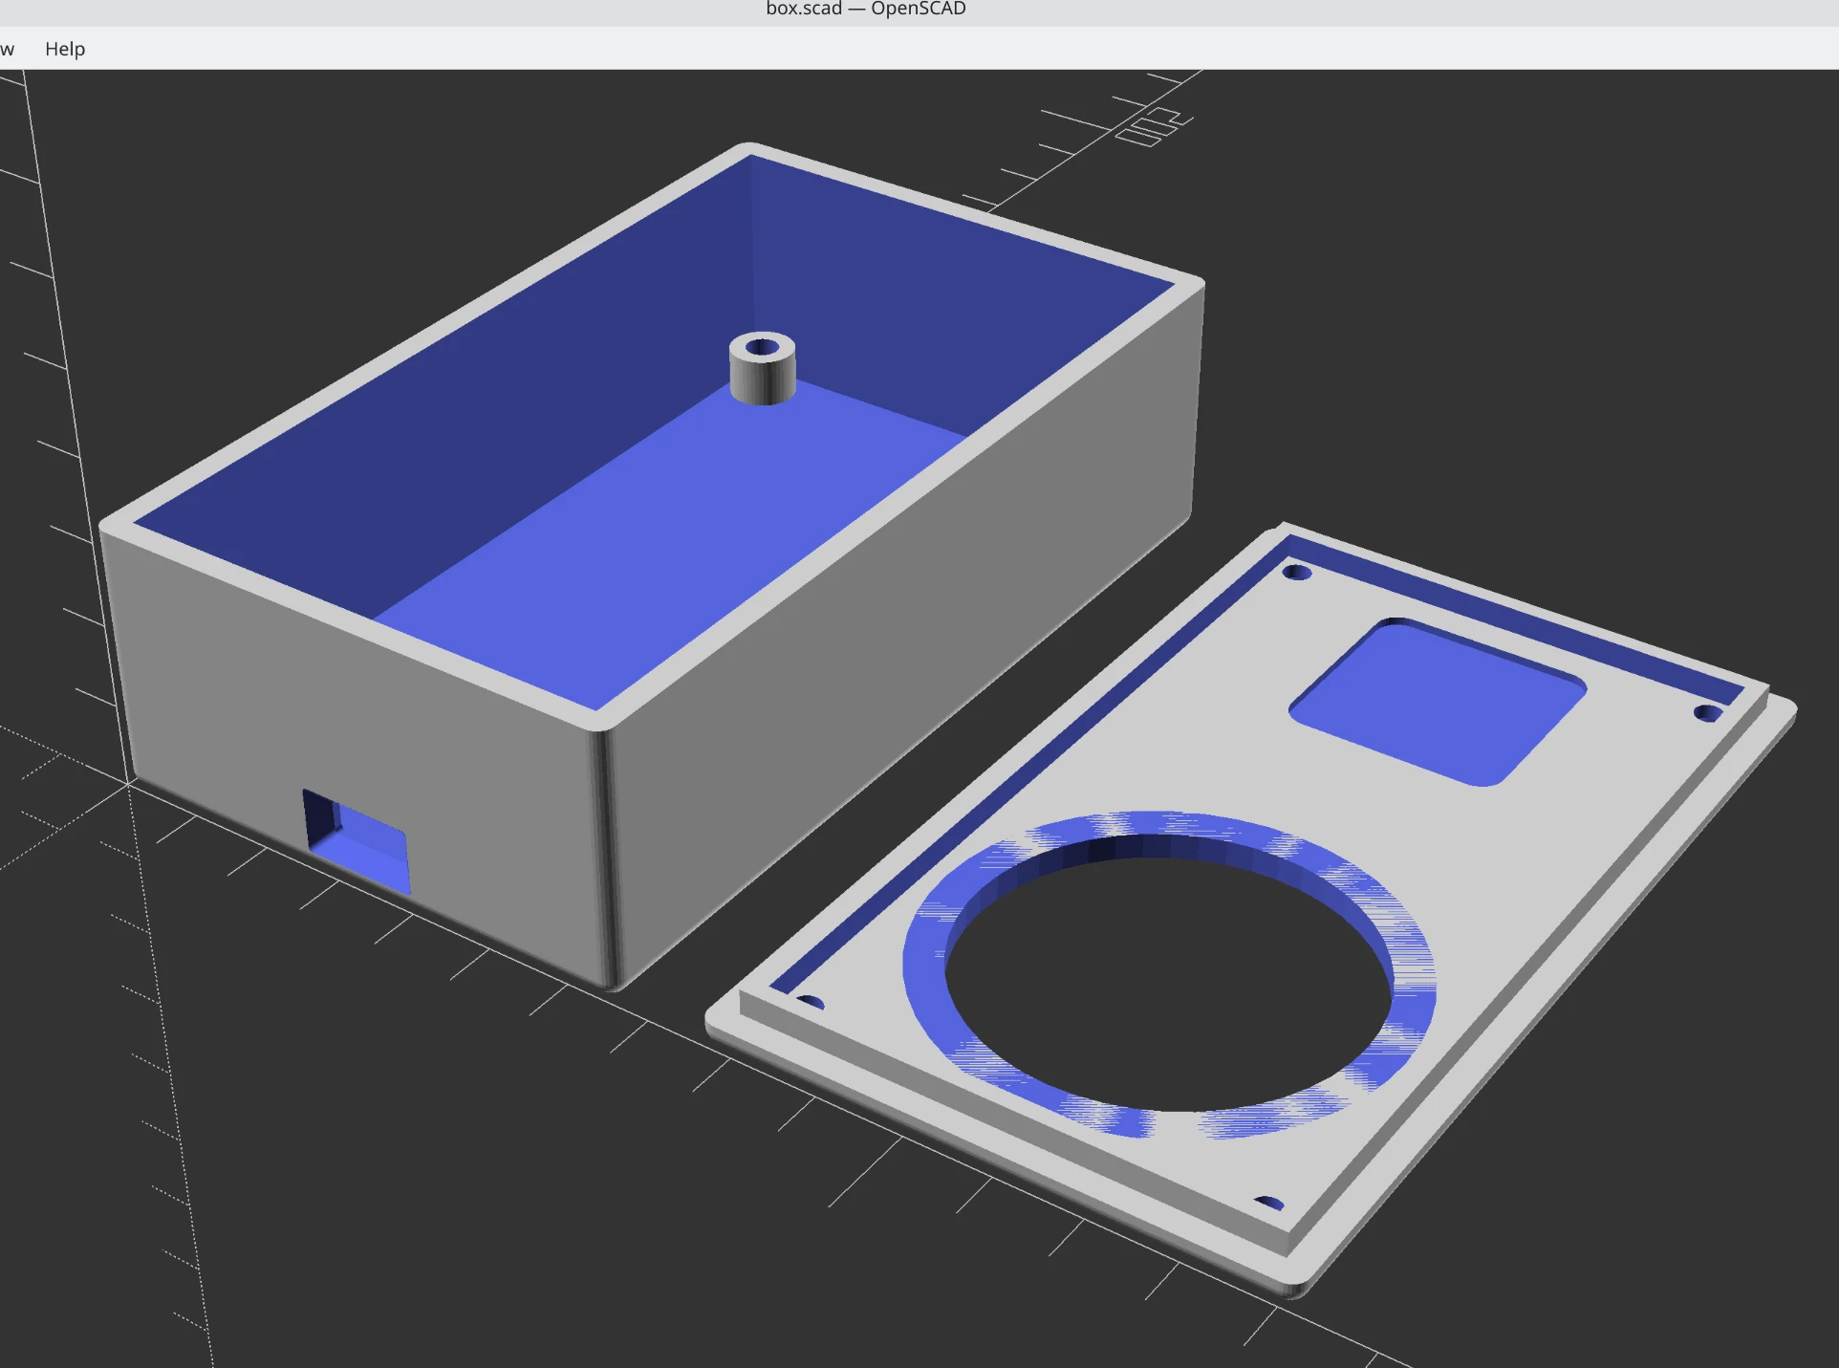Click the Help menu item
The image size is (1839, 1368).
65,49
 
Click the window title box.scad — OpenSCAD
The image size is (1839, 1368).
865,10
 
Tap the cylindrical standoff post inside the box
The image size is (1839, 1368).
762,375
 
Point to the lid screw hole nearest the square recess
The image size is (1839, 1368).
1707,713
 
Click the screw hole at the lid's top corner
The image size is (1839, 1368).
1296,573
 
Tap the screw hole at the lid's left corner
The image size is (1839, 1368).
810,1003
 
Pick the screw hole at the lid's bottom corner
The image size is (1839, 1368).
1268,1203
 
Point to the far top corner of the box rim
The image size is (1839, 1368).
750,149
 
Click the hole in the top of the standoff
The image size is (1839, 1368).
762,347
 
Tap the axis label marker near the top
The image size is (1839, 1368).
1155,127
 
